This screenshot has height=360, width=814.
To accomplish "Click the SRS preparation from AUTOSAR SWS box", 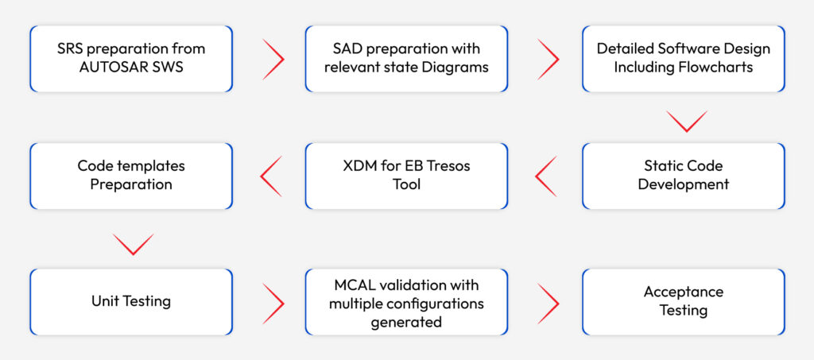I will [131, 58].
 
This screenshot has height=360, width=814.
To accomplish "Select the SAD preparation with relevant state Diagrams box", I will [407, 58].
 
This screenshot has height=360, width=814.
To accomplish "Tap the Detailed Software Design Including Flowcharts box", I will [683, 58].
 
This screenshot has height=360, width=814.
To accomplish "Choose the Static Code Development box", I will [683, 176].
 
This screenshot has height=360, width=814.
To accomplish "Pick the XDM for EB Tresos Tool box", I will [407, 176].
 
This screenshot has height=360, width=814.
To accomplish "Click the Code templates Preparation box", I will [131, 176].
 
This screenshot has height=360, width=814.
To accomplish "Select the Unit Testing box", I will [131, 301].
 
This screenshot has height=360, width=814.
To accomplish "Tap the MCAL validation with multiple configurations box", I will [407, 301].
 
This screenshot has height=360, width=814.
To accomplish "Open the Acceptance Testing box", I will [683, 301].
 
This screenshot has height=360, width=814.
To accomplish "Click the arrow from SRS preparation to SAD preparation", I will [273, 59].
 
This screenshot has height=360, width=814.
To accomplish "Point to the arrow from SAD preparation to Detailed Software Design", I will [548, 59].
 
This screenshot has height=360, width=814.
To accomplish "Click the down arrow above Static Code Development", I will [685, 122].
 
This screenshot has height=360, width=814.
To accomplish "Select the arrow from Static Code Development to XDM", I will [545, 176].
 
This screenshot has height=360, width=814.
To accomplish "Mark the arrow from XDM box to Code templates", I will [271, 176].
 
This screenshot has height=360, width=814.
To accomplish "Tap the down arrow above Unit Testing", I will [133, 244].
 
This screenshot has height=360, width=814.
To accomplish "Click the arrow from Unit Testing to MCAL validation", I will [273, 302].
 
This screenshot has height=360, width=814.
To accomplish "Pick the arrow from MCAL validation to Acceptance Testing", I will [548, 302].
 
